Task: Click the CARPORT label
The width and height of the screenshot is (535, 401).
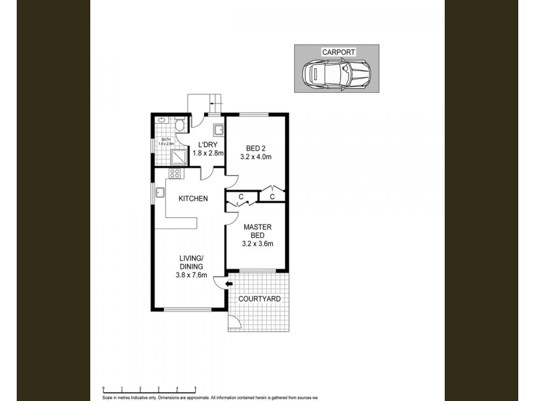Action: (x=338, y=51)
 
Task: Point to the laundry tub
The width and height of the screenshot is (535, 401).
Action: (x=218, y=130)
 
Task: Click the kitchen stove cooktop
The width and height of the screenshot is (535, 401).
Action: (x=175, y=174)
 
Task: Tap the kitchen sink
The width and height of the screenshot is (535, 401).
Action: (x=161, y=194)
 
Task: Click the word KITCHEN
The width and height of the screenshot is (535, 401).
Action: (x=193, y=198)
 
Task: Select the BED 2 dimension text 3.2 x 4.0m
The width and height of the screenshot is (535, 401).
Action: (x=255, y=158)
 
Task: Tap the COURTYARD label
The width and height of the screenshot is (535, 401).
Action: (x=261, y=299)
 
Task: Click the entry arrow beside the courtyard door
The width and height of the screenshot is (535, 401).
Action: (x=229, y=284)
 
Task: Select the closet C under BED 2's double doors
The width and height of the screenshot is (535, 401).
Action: (x=272, y=196)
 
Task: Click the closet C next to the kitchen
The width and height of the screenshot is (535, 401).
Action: (x=241, y=196)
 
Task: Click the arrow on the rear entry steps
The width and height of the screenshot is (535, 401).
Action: (x=214, y=102)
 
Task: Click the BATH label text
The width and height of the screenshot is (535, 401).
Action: (x=165, y=140)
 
